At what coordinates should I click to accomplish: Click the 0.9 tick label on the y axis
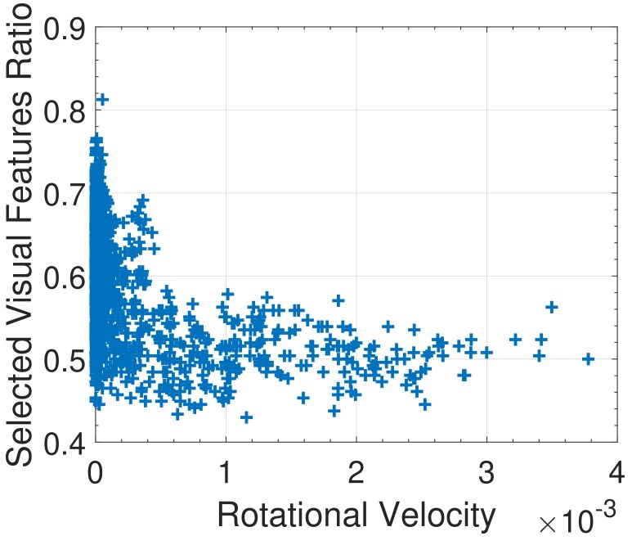pyautogui.click(x=63, y=29)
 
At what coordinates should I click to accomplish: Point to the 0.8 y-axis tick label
pyautogui.click(x=63, y=111)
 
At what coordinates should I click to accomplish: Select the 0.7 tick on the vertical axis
pyautogui.click(x=63, y=194)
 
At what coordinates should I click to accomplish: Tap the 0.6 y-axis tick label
pyautogui.click(x=63, y=277)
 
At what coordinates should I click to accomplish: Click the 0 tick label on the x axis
pyautogui.click(x=95, y=472)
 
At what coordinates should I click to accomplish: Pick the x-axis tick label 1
pyautogui.click(x=226, y=472)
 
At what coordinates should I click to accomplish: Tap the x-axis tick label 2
pyautogui.click(x=356, y=472)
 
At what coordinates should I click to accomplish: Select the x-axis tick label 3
pyautogui.click(x=487, y=472)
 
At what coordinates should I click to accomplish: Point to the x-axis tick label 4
pyautogui.click(x=617, y=472)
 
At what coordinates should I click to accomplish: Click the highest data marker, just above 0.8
pyautogui.click(x=102, y=100)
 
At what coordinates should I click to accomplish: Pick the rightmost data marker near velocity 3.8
pyautogui.click(x=588, y=358)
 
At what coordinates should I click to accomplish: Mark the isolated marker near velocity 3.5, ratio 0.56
pyautogui.click(x=551, y=307)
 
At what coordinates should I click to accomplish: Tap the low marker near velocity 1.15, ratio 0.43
pyautogui.click(x=246, y=417)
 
